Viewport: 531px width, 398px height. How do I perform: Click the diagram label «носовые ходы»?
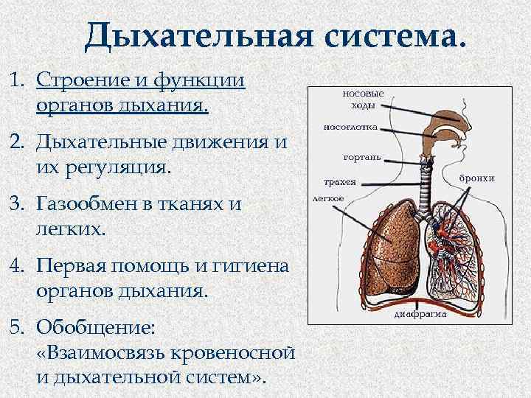pyautogui.click(x=363, y=99)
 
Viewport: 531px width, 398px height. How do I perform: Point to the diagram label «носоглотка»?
pyautogui.click(x=350, y=128)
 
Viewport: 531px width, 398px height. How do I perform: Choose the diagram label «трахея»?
pyautogui.click(x=340, y=181)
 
